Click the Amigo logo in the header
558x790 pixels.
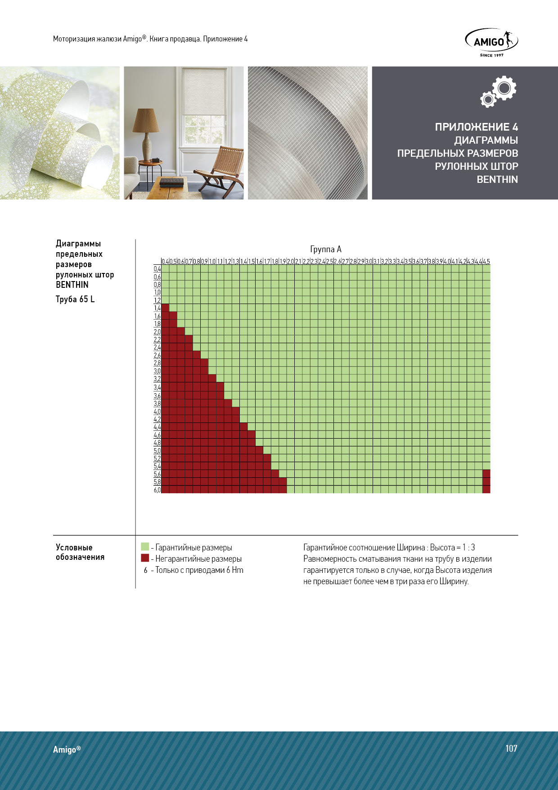pos(491,42)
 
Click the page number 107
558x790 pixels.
pos(511,748)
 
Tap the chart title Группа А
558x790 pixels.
pos(326,249)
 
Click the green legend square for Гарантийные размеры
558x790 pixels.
pos(145,547)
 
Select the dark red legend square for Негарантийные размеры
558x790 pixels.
pos(145,558)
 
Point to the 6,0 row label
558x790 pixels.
pos(157,490)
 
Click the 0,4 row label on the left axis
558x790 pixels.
pos(157,269)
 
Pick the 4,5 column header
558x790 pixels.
pos(486,261)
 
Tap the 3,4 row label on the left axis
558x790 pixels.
pos(157,387)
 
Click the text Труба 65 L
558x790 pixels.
pos(75,299)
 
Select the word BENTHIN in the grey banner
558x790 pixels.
pos(497,179)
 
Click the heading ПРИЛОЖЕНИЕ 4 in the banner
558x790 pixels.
pos(476,127)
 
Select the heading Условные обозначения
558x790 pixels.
pos(80,552)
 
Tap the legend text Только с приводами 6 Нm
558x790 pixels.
pos(199,570)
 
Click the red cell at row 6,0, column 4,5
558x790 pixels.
pos(486,490)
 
